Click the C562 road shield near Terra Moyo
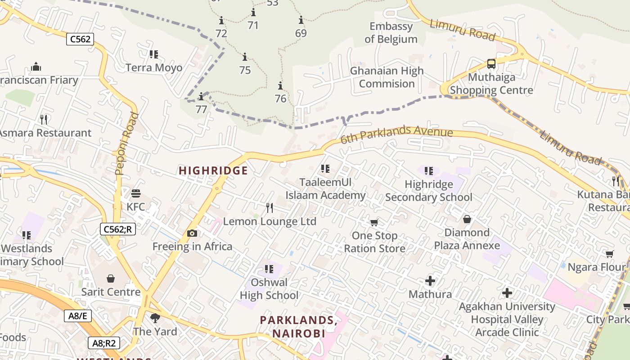coord(80,39)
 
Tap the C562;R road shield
coord(117,229)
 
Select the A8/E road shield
coord(77,316)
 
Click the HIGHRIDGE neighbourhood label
coord(213,171)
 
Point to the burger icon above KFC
coord(136,193)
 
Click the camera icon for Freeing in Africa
coord(192,233)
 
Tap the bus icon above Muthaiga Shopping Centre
coord(491,64)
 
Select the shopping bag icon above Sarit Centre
coord(111,279)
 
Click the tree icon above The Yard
coord(155,318)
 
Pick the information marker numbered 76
coord(280,85)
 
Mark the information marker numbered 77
coord(201,96)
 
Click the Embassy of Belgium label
coord(391,33)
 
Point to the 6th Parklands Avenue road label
coord(396,135)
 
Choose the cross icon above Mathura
coord(430,281)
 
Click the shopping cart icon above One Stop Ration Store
coord(374,222)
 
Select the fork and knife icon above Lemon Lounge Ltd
coord(270,207)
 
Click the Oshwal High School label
coord(269,289)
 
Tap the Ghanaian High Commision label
coord(387,77)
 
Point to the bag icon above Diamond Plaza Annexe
coord(467,219)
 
